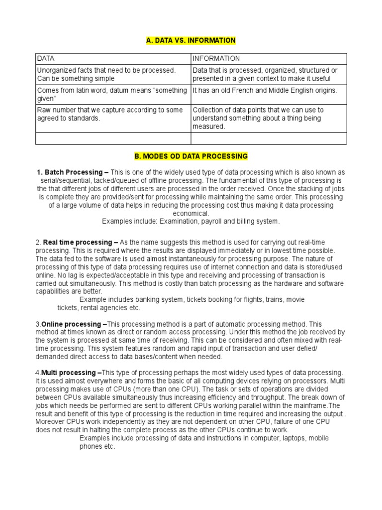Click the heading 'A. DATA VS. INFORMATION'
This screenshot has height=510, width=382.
(x=191, y=40)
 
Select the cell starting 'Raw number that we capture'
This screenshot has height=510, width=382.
(x=113, y=118)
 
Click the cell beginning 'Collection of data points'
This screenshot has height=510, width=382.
(x=269, y=118)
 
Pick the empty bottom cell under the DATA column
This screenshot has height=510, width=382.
(x=113, y=138)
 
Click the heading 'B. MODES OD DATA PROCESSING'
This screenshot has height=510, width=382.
(x=191, y=156)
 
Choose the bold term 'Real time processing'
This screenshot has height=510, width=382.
(x=75, y=242)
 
